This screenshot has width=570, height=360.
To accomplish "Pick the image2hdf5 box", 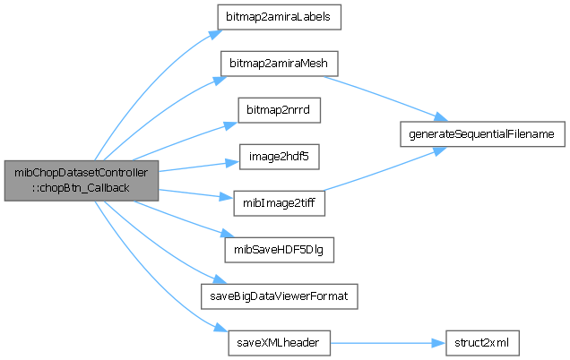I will pos(266,157).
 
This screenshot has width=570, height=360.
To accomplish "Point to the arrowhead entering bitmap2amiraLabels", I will pos(214,31).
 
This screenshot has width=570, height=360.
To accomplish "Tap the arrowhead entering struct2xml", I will pos(441,343).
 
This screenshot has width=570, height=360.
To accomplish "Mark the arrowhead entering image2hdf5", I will pos(228,161).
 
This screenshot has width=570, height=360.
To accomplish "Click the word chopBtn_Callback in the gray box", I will pos(85,186).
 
